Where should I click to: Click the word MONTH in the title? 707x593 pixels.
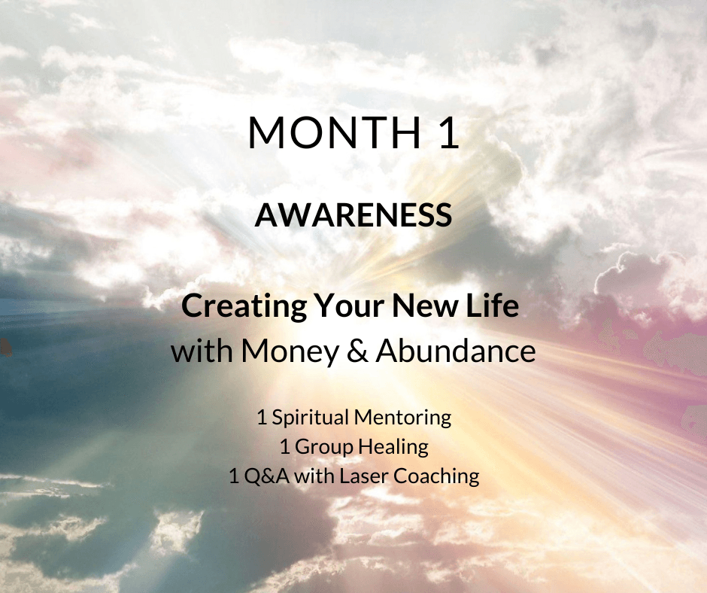click(335, 132)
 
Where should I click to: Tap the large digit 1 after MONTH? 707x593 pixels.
click(448, 132)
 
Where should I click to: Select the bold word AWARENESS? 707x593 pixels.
click(353, 214)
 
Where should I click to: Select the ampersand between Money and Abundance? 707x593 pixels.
click(357, 351)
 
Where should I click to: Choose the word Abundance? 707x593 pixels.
click(456, 351)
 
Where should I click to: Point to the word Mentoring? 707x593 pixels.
click(402, 418)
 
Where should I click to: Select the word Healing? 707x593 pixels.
click(393, 447)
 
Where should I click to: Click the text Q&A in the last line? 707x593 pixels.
click(266, 476)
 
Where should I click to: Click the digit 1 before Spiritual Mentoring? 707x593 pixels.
click(262, 418)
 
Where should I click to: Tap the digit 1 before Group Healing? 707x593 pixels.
click(284, 447)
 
